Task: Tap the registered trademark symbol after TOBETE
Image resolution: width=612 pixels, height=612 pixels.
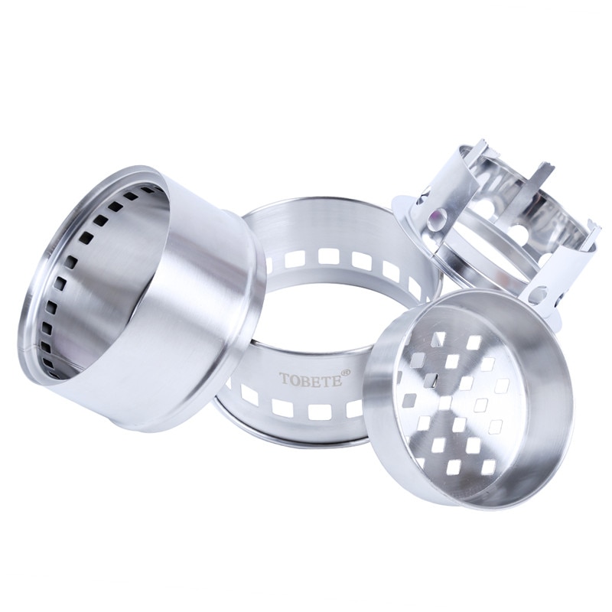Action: (346, 373)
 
